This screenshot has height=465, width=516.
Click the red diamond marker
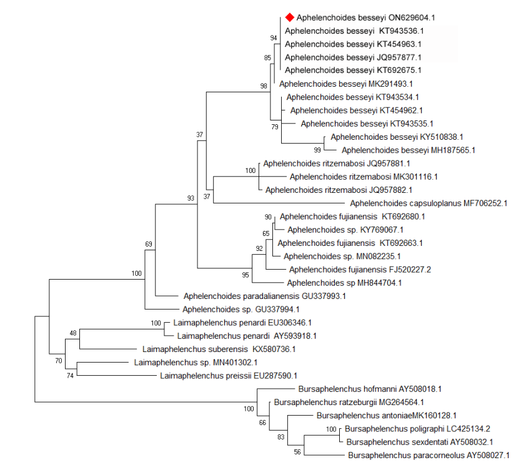(289, 17)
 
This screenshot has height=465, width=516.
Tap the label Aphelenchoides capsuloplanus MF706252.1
(429, 203)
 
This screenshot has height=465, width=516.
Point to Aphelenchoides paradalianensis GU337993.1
(265, 296)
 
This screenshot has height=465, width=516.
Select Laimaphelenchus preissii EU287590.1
(229, 375)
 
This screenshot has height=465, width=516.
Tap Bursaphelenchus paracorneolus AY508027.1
(429, 455)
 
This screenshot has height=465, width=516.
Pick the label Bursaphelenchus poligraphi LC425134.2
(417, 429)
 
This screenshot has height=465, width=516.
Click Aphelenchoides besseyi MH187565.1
(409, 150)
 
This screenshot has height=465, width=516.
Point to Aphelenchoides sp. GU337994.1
(241, 309)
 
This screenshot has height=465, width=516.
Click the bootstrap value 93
(191, 198)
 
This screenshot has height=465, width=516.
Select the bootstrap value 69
(149, 243)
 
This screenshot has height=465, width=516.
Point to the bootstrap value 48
(73, 333)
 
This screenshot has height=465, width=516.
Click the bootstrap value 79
(274, 127)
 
